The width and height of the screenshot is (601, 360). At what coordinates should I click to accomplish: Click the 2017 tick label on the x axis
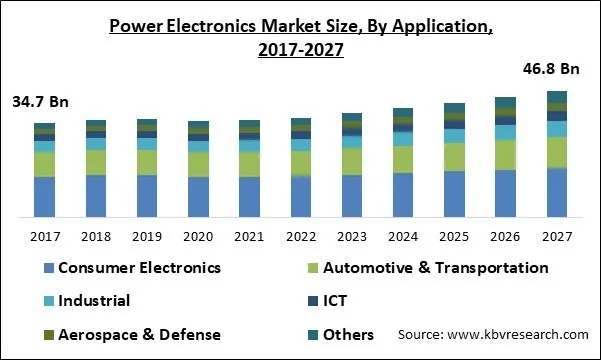point(44,237)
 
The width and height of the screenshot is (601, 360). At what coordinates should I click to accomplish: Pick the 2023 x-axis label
point(352,237)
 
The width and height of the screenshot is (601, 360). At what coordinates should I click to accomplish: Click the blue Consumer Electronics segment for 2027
point(558,192)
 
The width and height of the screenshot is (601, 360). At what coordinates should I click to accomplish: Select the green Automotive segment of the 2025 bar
point(454,157)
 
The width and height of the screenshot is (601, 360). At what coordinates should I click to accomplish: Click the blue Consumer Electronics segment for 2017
point(44,197)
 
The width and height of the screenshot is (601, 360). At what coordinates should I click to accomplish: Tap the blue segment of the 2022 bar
point(301,197)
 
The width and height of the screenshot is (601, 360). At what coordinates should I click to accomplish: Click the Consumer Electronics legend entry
point(130,268)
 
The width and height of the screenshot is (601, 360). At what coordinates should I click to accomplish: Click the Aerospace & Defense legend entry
point(130,334)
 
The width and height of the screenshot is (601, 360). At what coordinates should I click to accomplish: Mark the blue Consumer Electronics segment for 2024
point(403,195)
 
